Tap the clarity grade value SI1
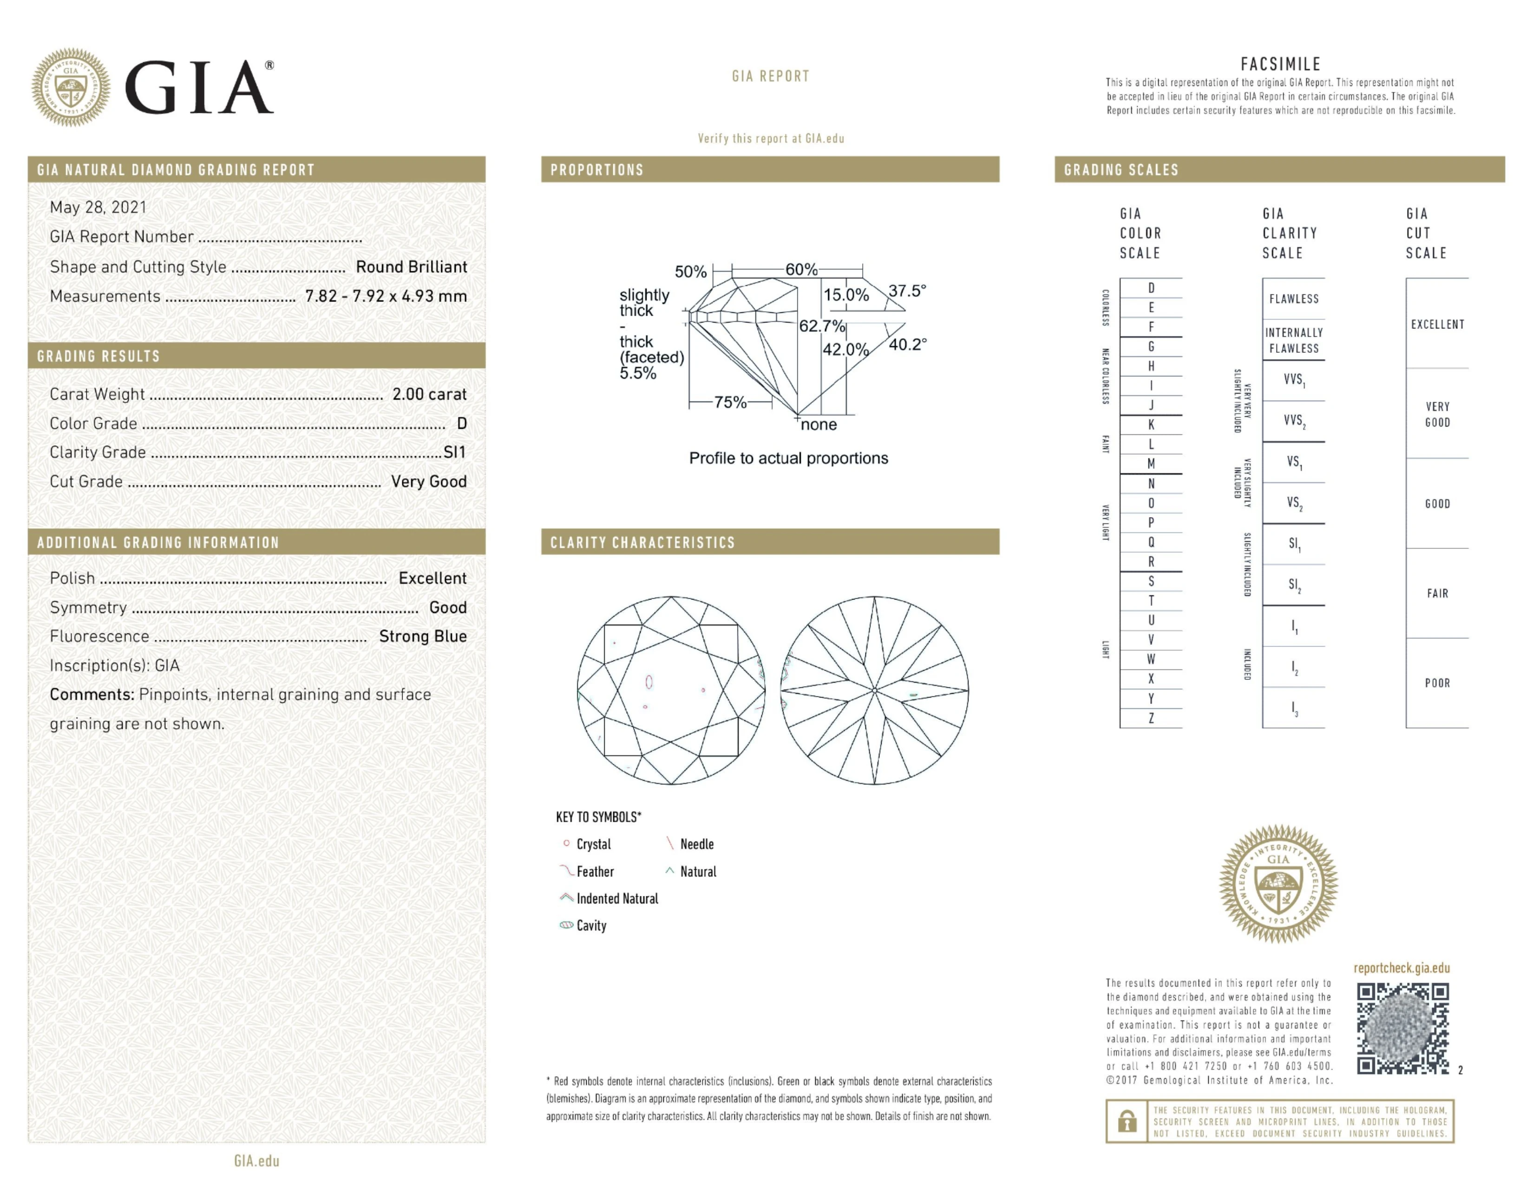(x=454, y=452)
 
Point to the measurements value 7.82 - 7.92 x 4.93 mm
(x=386, y=296)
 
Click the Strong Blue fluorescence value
(x=423, y=636)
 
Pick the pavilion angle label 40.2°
(x=908, y=344)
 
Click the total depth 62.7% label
(x=821, y=326)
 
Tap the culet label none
(x=819, y=425)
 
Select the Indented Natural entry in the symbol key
(x=616, y=899)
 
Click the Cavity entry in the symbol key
(x=591, y=925)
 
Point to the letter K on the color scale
(x=1151, y=425)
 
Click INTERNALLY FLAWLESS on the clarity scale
(x=1294, y=341)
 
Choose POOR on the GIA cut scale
(x=1437, y=683)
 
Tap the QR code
(x=1402, y=1028)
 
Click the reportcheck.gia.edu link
(x=1401, y=968)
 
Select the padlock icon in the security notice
(x=1127, y=1121)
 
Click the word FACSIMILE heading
(x=1280, y=64)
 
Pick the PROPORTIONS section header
(x=596, y=170)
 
